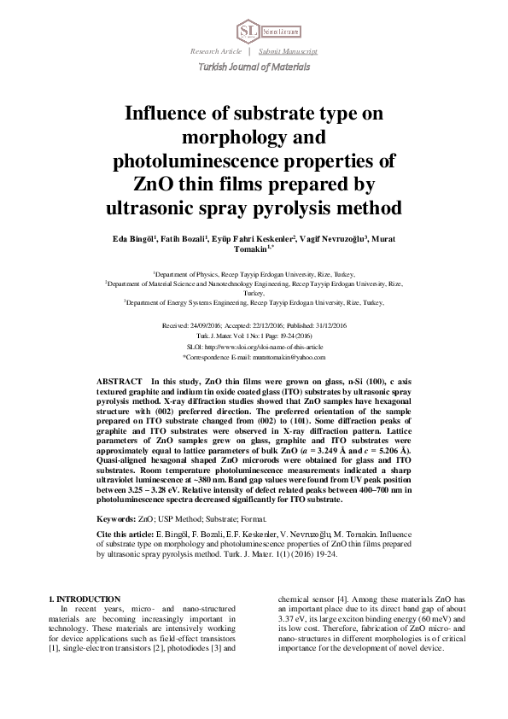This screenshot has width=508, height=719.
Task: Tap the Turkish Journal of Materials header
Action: click(254, 67)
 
